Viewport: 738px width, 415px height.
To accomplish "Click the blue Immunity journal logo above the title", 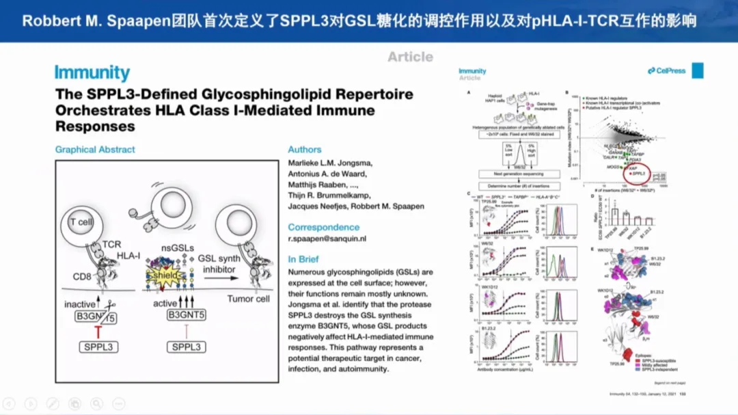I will pyautogui.click(x=92, y=73).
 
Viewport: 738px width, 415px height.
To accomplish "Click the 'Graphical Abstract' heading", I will pyautogui.click(x=95, y=149).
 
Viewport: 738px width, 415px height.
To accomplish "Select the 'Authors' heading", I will pyautogui.click(x=304, y=149).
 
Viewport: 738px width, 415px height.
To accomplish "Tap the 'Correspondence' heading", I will pyautogui.click(x=323, y=227).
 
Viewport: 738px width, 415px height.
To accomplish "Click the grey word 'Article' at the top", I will pyautogui.click(x=410, y=57).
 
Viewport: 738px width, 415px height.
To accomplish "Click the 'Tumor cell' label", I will pyautogui.click(x=248, y=299).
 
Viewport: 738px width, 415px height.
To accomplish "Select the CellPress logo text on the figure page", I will pyautogui.click(x=667, y=71).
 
